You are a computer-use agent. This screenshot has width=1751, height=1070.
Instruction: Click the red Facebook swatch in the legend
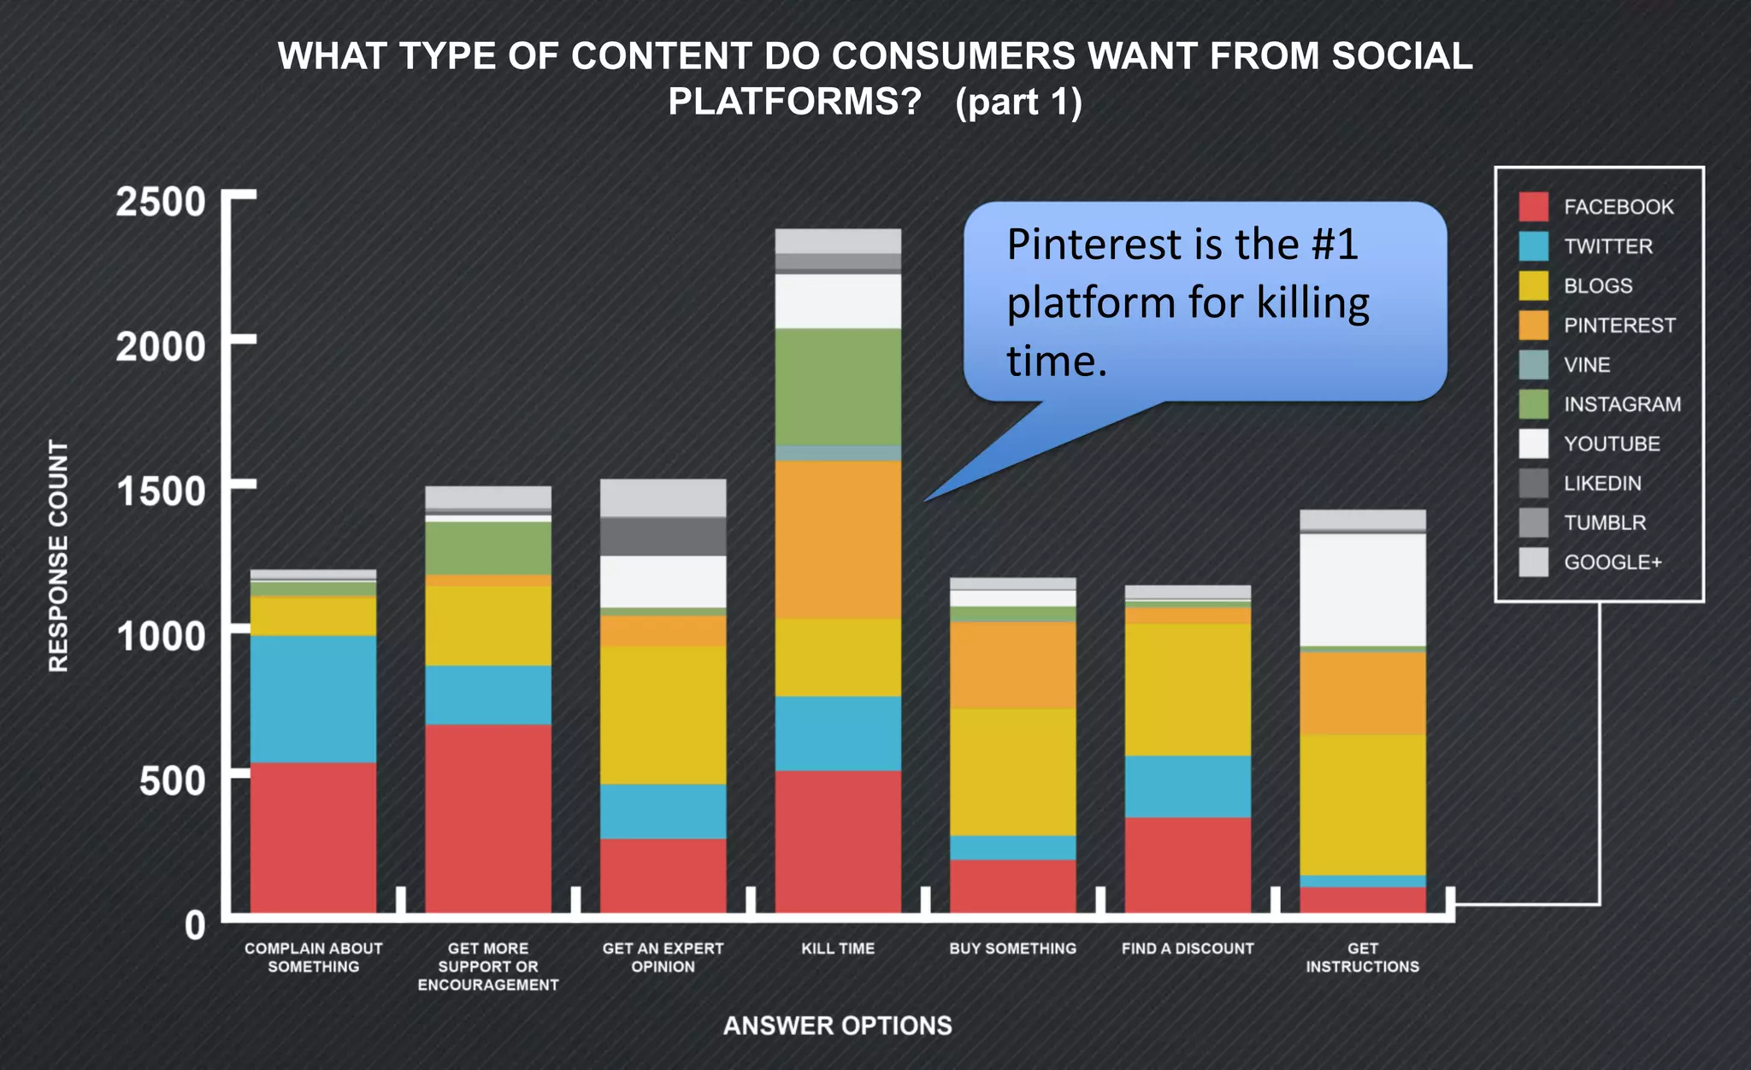pos(1533,207)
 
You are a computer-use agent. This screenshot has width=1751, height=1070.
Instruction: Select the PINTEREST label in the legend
pos(1619,326)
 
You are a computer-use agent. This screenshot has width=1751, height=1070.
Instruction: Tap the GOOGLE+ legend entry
pos(1612,562)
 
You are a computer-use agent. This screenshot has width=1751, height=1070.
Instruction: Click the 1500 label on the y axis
pos(161,491)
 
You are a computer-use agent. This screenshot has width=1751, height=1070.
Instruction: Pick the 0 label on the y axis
pos(195,926)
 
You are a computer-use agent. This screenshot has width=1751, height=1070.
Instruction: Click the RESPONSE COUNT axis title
pos(58,556)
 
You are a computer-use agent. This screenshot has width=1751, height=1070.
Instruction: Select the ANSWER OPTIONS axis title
pos(837,1026)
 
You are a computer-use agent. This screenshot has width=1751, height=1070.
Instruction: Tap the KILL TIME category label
pos(838,949)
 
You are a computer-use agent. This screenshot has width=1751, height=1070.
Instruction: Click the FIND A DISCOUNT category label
pos(1188,949)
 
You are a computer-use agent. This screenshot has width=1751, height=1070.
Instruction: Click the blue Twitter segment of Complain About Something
pos(313,699)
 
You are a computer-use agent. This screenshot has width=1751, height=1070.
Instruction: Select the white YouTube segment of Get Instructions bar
pos(1362,590)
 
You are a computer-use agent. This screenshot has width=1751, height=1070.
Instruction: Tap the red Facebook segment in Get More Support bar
pos(488,819)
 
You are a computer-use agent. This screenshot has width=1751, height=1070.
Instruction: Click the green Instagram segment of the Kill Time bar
pos(838,386)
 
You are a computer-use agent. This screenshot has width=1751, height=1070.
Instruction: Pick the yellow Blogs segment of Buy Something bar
pos(1012,772)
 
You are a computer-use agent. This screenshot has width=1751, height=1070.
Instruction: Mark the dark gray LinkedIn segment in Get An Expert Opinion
pos(663,536)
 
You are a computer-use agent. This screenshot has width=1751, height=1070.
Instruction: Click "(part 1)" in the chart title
pos(1018,103)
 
